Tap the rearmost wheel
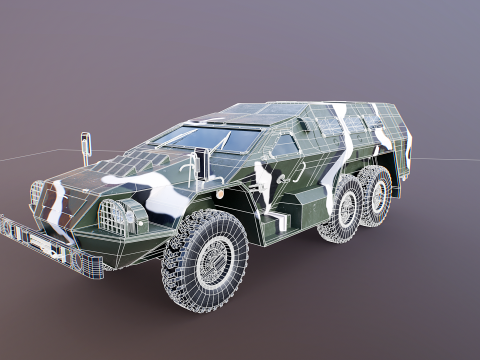(x=377, y=193)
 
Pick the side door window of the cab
(x=282, y=147)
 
